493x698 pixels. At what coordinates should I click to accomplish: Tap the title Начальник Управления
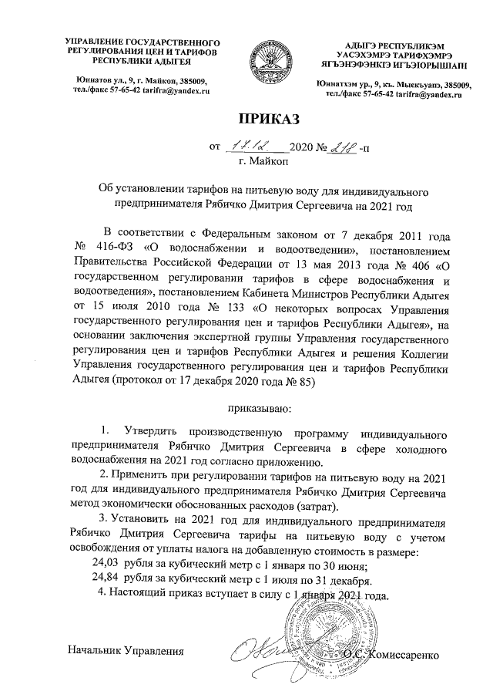[127, 654]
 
